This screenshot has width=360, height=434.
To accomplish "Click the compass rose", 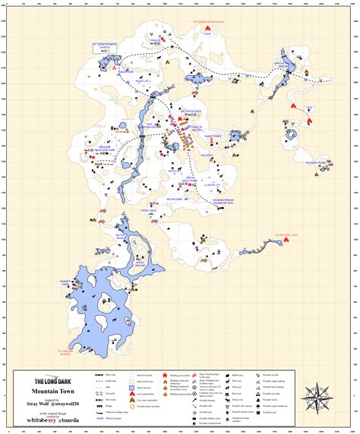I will pyautogui.click(x=317, y=395).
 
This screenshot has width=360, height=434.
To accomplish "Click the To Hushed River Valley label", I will pyautogui.click(x=207, y=24).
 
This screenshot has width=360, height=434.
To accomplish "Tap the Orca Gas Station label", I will pyautogui.click(x=190, y=180).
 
